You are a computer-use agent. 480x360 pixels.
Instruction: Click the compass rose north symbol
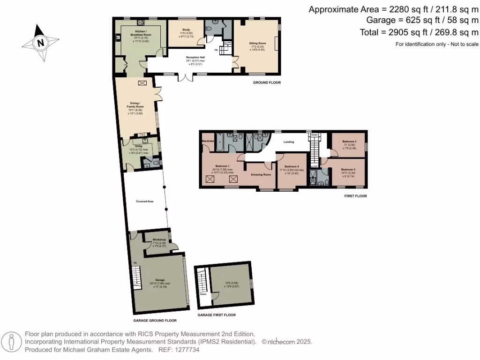coord(40,43)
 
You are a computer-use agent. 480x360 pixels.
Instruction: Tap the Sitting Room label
coord(257,43)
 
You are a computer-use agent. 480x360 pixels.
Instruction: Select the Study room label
coord(186,29)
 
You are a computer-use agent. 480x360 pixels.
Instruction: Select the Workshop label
coord(159,240)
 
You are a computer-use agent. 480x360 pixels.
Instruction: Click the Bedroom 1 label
coord(222,166)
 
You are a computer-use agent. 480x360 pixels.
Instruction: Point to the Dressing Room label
coord(262,174)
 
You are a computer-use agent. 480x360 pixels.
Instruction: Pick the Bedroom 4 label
coord(292,166)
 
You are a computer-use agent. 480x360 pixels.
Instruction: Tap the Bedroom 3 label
coord(349,141)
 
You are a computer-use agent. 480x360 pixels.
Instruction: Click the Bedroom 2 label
coord(349,169)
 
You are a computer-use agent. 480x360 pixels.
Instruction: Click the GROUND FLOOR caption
coord(266,82)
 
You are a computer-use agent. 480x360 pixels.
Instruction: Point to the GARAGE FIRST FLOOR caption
coord(216,315)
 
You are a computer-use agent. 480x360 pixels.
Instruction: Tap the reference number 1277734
coord(187,350)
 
